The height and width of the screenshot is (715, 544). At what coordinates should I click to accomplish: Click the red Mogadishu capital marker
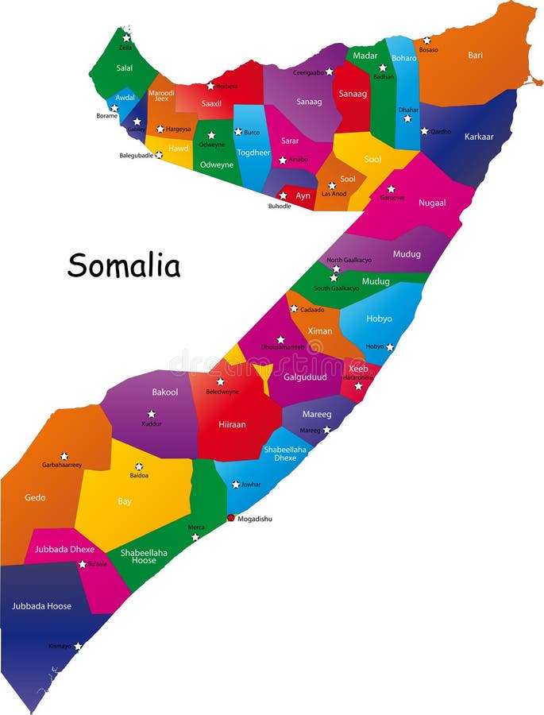pos(231,517)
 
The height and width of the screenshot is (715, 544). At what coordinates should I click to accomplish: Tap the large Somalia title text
pos(124,265)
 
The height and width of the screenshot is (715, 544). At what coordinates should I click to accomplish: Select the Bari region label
pos(475,56)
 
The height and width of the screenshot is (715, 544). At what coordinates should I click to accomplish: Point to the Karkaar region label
pos(479,137)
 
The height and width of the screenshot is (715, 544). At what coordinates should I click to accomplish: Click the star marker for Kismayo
pos(78,647)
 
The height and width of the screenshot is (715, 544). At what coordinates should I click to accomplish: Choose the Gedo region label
pos(35,498)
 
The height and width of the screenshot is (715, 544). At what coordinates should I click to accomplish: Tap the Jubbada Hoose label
pos(41,606)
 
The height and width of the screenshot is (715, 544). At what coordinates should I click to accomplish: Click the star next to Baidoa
pos(139,466)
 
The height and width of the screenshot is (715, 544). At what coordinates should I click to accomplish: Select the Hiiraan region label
pos(232,425)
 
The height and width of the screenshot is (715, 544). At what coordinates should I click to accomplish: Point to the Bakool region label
pos(164,392)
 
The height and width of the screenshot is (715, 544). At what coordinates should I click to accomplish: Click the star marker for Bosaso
pos(426,40)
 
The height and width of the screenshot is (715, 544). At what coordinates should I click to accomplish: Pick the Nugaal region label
pos(432,203)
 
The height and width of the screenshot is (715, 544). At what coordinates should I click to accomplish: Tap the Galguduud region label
pos(305,377)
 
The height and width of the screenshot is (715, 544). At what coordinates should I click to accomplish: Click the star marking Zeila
pos(126,37)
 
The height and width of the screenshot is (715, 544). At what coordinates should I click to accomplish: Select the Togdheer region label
pos(253,153)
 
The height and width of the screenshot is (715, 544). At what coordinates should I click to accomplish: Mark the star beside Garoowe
pos(391,189)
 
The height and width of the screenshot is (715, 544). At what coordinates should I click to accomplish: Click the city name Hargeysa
pos(179,129)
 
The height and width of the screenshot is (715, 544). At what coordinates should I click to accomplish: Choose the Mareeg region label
pos(317,414)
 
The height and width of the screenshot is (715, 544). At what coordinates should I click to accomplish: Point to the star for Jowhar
pos(236,485)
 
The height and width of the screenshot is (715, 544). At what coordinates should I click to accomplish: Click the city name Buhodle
pos(280,207)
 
